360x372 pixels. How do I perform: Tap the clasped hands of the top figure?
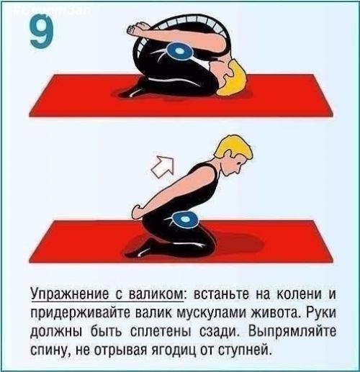(x=135, y=30)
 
